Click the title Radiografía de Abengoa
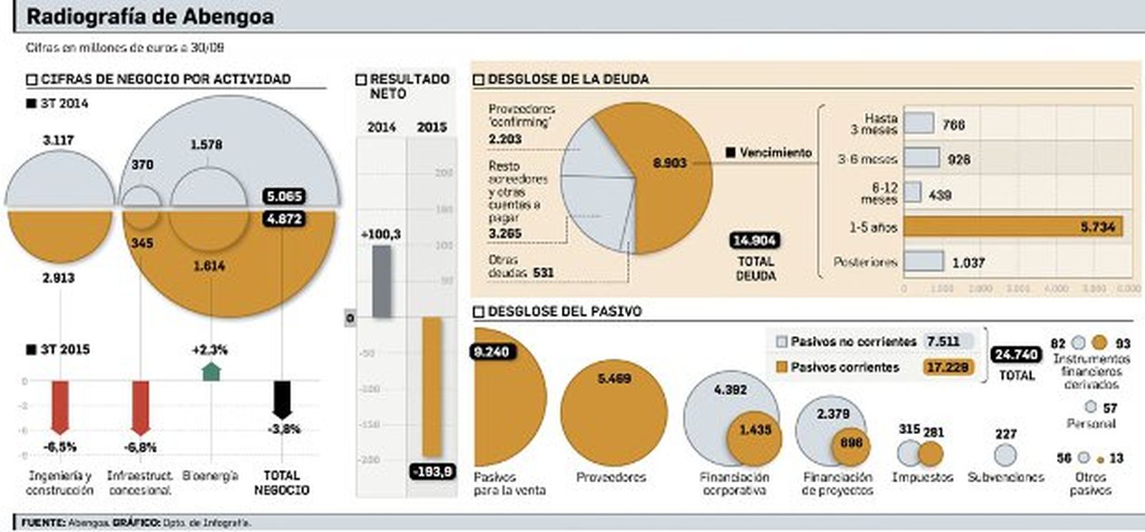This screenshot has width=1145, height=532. (x=150, y=16)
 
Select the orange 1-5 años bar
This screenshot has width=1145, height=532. (x=1013, y=227)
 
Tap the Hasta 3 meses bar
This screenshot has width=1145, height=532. (x=919, y=123)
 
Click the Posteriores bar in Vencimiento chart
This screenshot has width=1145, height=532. (x=924, y=261)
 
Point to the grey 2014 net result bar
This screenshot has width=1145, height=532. (x=381, y=282)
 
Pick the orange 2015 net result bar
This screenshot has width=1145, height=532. (x=432, y=387)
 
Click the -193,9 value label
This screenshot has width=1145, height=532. (x=433, y=471)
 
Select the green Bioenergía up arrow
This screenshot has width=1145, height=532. (x=211, y=371)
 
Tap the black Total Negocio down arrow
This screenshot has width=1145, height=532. (x=283, y=399)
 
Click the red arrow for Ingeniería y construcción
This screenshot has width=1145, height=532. (x=60, y=406)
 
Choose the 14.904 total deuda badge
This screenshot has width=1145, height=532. (x=755, y=240)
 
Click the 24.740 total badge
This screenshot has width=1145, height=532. (x=1016, y=355)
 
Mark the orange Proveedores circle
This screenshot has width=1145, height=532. (x=613, y=413)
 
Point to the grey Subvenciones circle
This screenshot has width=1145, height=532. (x=1005, y=455)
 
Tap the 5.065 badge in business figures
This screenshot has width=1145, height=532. (x=284, y=196)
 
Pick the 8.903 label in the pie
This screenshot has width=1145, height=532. (x=669, y=163)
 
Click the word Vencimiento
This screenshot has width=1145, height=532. (x=775, y=152)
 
